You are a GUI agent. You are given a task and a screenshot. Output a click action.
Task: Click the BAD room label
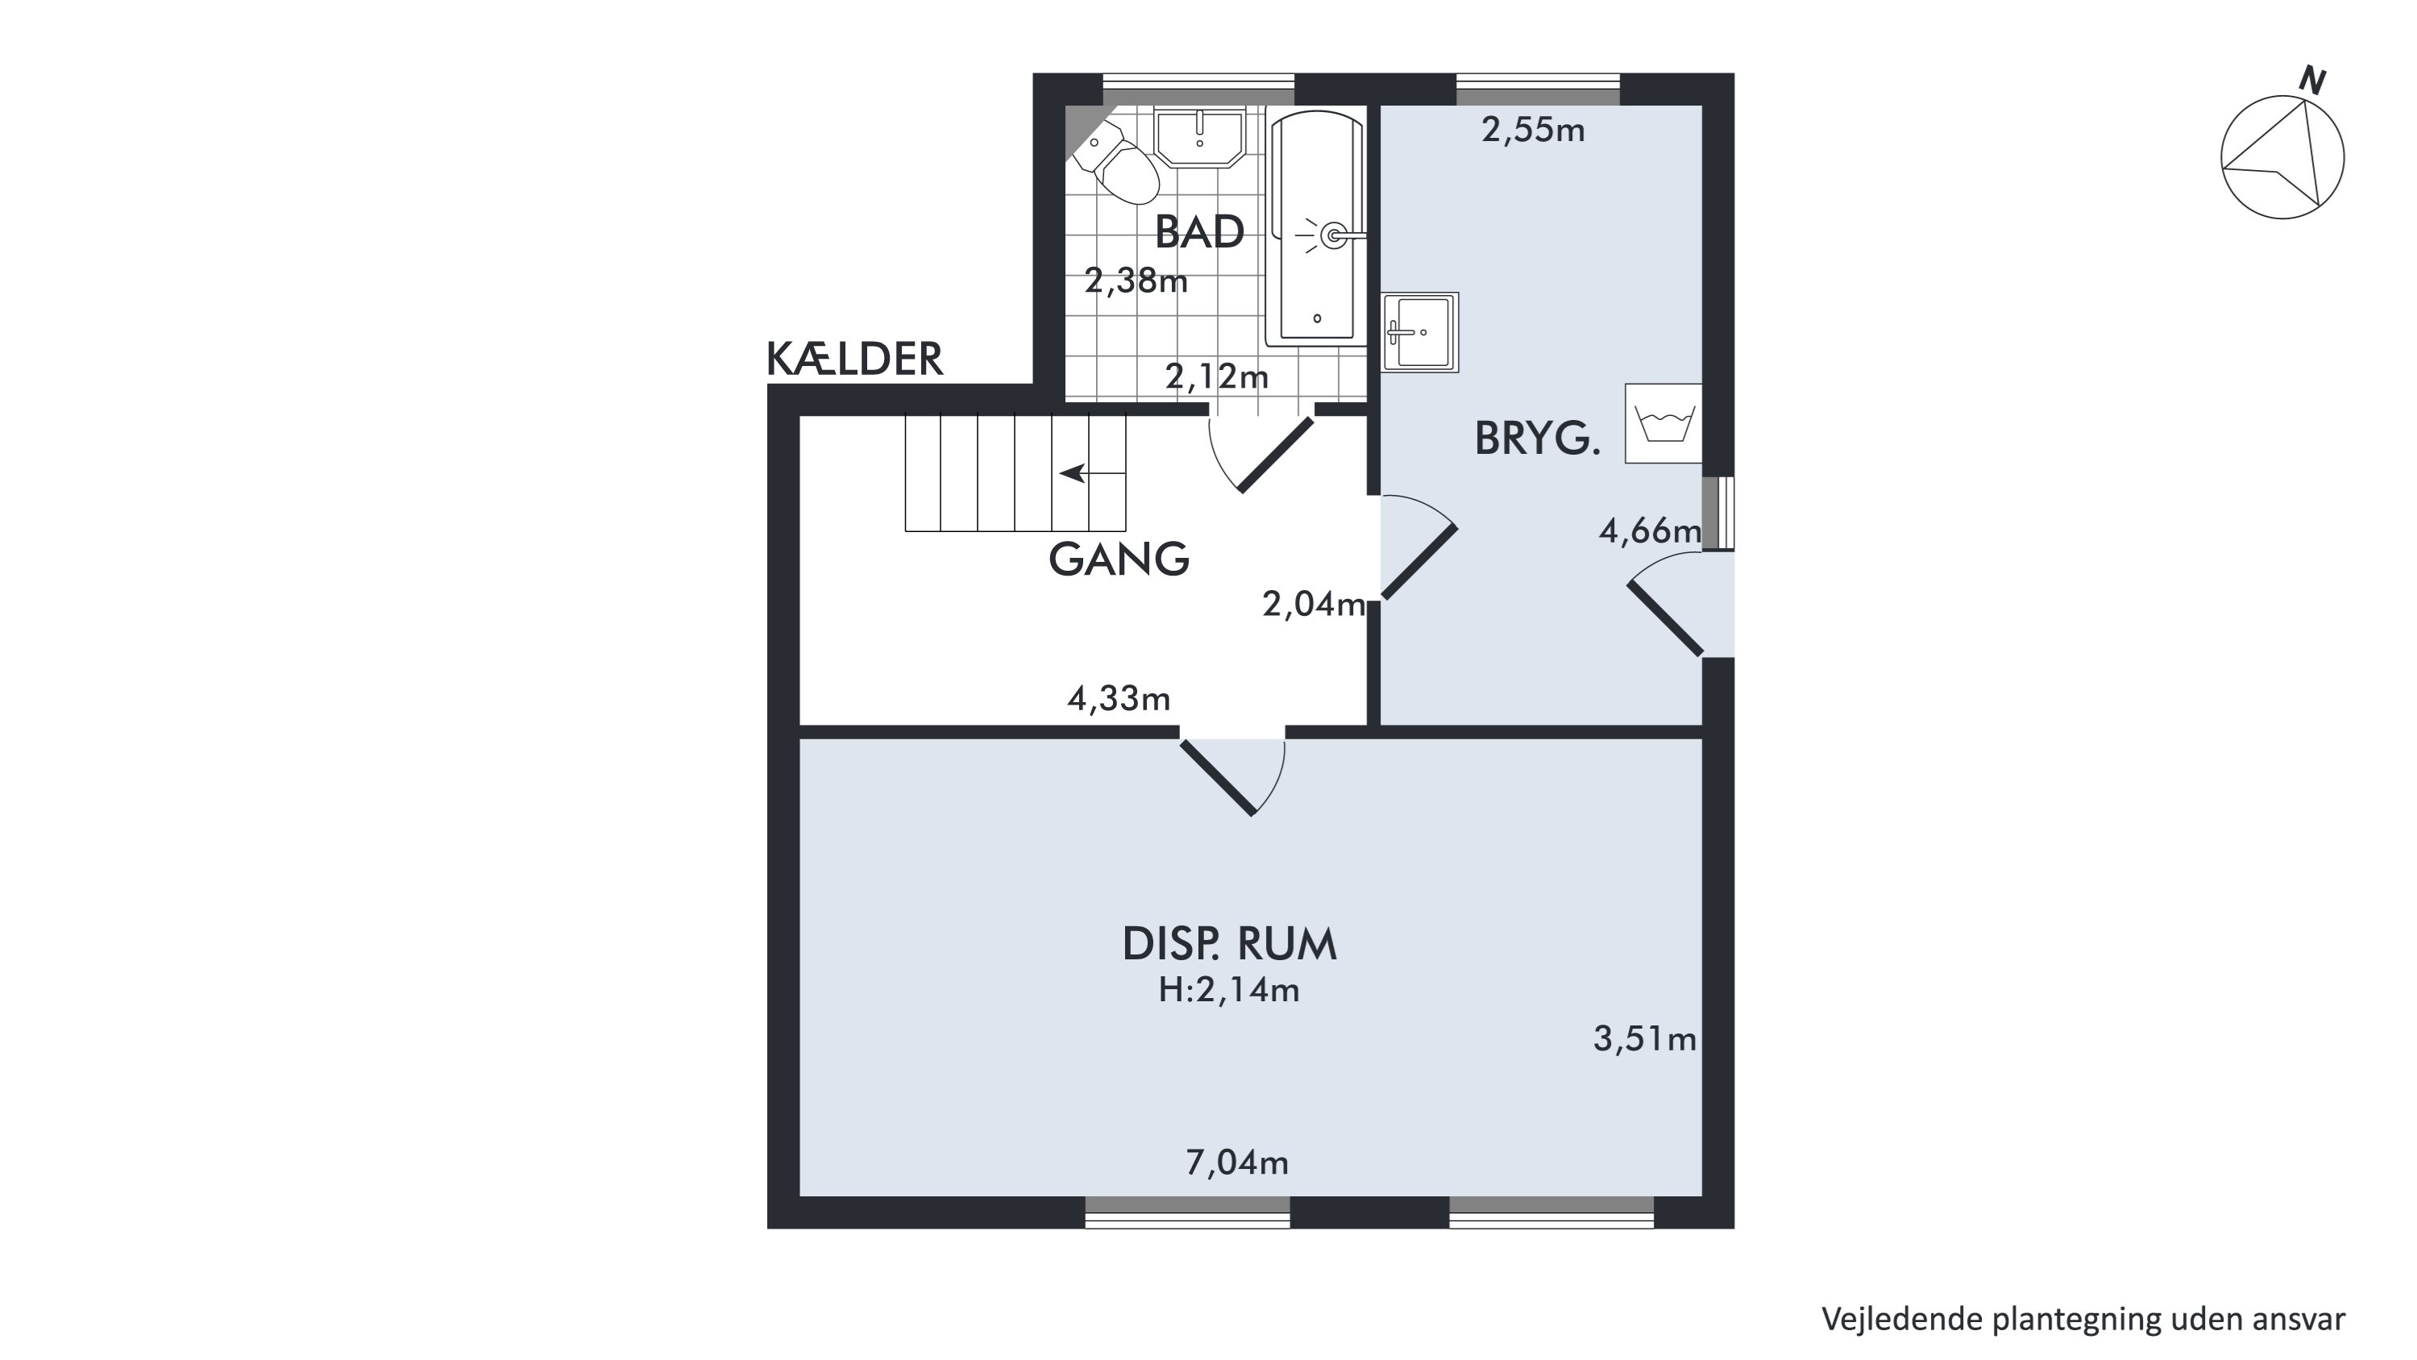[x=1199, y=232]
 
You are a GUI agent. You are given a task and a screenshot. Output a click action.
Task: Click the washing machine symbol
[x=1663, y=423]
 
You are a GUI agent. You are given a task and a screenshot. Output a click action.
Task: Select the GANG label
[x=1119, y=559]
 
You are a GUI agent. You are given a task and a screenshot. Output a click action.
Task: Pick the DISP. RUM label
[x=1229, y=944]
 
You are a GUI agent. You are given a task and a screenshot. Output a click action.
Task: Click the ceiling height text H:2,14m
[x=1229, y=990]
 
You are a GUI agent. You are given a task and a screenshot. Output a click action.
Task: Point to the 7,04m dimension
[x=1236, y=1163]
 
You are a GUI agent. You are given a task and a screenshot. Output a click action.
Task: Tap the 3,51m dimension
[x=1645, y=1039]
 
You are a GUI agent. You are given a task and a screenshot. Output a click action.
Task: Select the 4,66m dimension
[x=1651, y=532]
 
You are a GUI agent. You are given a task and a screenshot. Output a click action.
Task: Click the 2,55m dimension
[x=1533, y=130]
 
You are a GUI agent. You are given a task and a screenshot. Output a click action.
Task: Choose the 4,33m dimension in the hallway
[x=1119, y=698]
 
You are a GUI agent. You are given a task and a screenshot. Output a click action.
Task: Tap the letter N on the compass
[x=2312, y=81]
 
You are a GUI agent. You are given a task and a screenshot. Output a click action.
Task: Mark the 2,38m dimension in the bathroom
[x=1136, y=281]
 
